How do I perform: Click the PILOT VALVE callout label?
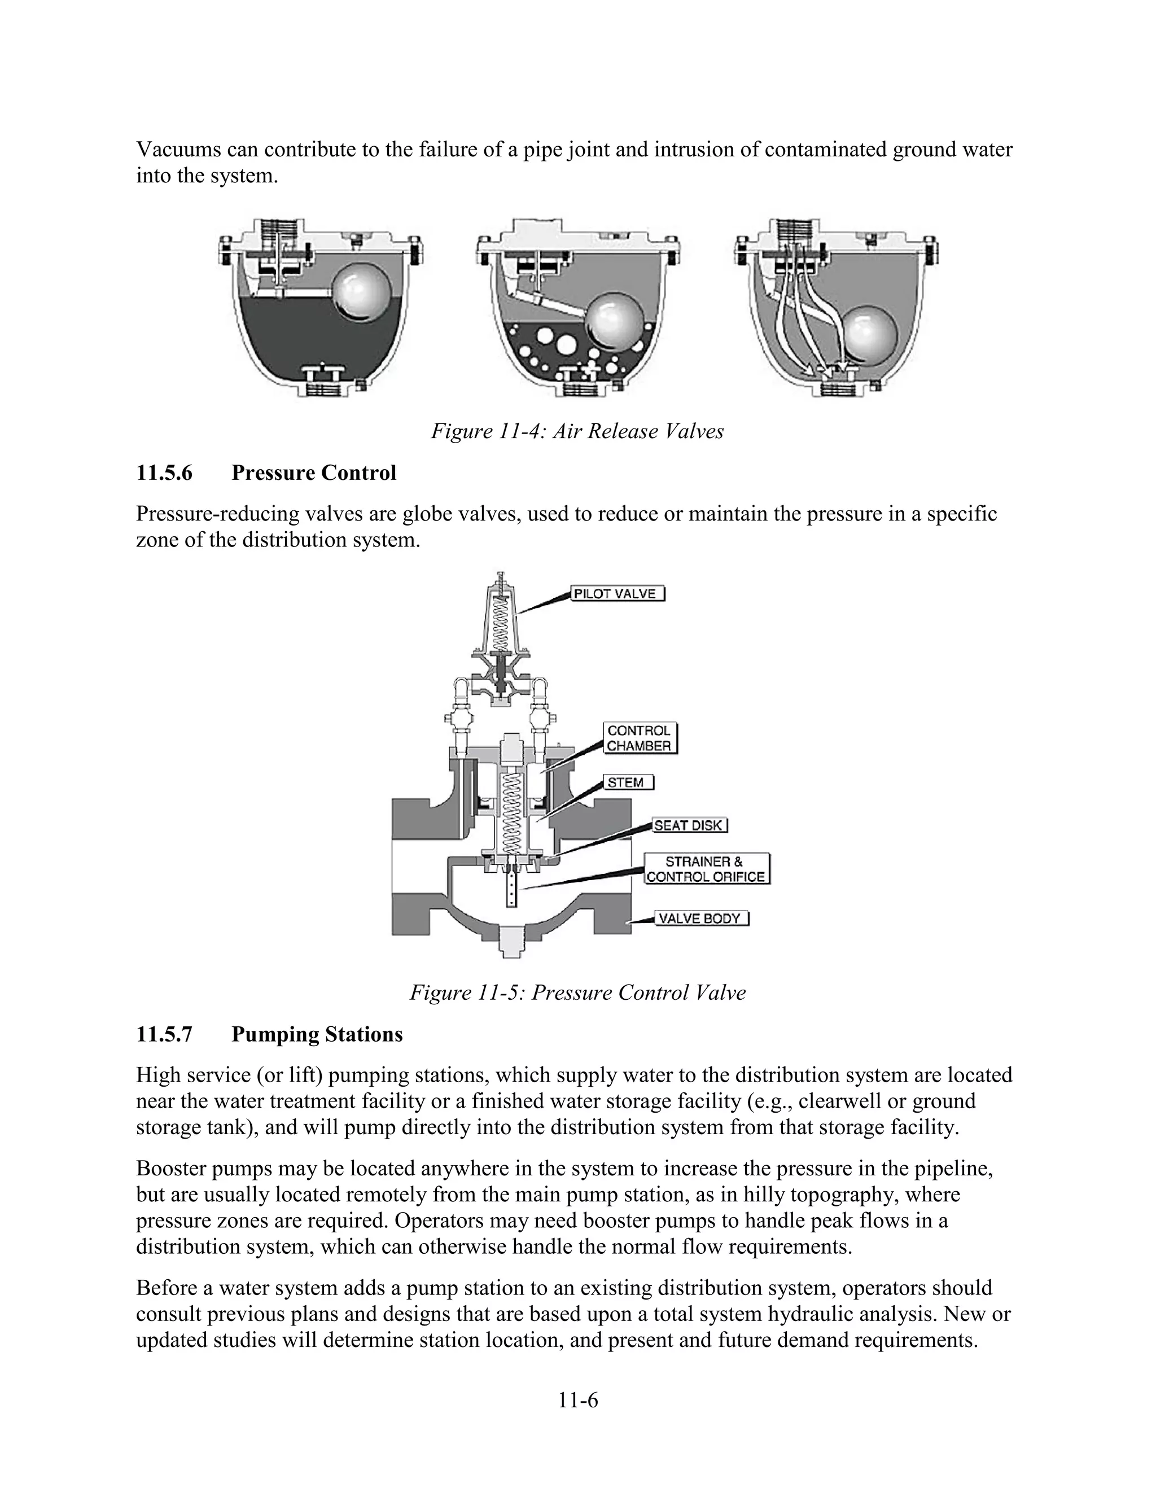[618, 594]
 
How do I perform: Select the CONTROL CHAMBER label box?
[640, 738]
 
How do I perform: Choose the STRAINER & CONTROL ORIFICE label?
[706, 869]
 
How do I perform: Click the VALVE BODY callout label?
[701, 918]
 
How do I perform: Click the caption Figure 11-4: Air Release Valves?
[577, 431]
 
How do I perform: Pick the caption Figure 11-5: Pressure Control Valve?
[577, 992]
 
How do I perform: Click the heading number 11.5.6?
[164, 473]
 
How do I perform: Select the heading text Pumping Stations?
[317, 1034]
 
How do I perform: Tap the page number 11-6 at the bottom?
[577, 1401]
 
